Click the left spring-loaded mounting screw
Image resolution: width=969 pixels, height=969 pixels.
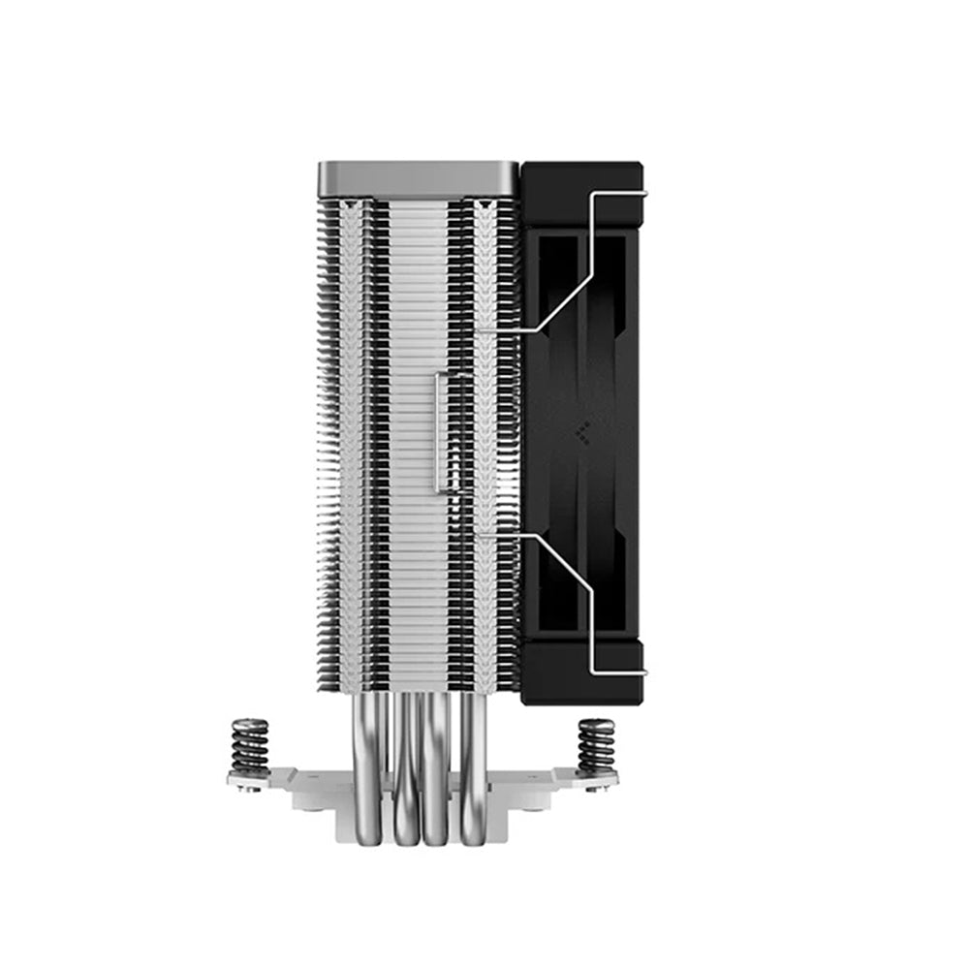tap(249, 746)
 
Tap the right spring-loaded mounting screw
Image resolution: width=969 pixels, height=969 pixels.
tap(595, 746)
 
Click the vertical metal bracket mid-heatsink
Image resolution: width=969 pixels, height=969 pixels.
tap(442, 431)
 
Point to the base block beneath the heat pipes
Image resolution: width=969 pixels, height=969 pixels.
tap(422, 824)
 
